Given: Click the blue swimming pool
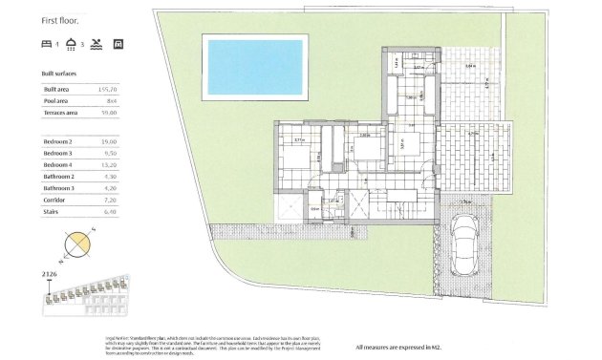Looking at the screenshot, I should click(x=254, y=66).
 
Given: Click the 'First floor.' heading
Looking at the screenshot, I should click(x=61, y=20).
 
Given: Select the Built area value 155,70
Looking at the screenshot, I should click(x=107, y=89).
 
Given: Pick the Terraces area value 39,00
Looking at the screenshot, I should click(x=108, y=112).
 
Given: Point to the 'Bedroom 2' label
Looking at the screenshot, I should click(x=58, y=141).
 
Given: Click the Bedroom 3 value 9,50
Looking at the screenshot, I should click(x=108, y=152).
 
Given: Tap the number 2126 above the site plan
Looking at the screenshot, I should click(x=50, y=274).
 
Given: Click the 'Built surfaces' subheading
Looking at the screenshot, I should click(x=59, y=73).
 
